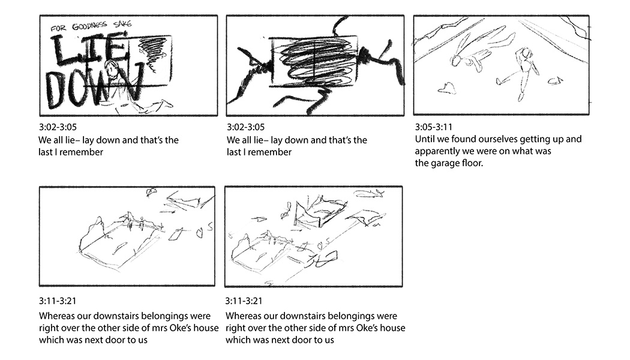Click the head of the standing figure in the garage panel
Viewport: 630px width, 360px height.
tap(526, 54)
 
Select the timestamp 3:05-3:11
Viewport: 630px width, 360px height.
tap(434, 127)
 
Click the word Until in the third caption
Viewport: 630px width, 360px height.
tap(425, 139)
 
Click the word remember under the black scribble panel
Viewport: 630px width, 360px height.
tap(271, 152)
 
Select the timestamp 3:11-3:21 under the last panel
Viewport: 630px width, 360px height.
tap(244, 301)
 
